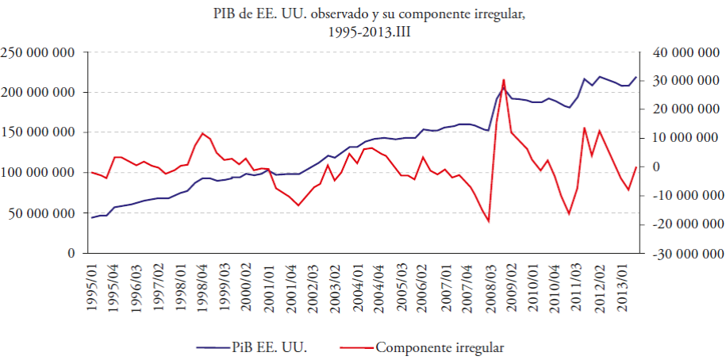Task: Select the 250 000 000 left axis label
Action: (38, 53)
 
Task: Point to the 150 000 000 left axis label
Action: (38, 133)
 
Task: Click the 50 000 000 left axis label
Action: (41, 213)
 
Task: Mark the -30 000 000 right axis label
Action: (685, 254)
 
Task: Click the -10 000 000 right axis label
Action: (685, 196)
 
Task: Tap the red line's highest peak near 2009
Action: (503, 79)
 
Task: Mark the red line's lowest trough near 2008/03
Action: (489, 221)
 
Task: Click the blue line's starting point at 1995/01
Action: (92, 217)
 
